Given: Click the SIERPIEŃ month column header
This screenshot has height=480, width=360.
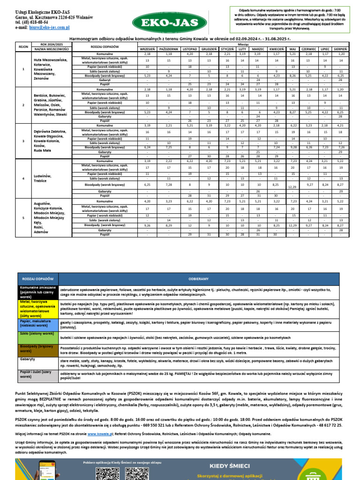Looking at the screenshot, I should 340,49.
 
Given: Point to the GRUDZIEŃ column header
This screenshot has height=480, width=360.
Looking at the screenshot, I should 209,49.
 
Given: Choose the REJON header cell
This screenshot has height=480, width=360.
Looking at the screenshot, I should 23,47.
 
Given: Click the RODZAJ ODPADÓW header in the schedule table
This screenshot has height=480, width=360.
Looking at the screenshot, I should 104,47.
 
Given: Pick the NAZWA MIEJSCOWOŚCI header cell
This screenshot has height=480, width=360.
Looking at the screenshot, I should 52,49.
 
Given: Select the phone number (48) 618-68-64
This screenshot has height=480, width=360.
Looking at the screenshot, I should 35,22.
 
